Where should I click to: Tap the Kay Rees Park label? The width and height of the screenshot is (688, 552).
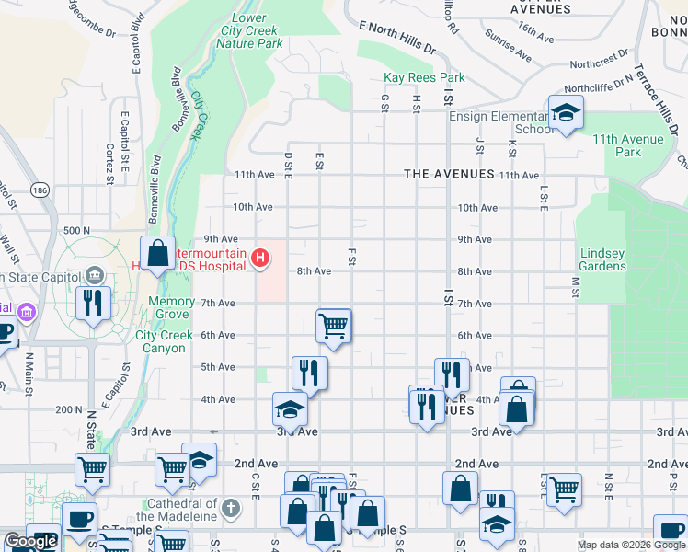(424, 78)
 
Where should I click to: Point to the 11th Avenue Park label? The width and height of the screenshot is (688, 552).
(628, 145)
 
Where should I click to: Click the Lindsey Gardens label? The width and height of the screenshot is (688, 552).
(602, 259)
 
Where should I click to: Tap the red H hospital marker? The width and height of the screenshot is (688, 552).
(261, 258)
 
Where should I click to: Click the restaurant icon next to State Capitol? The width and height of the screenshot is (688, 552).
(93, 304)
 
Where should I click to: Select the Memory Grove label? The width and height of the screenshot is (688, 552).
(171, 307)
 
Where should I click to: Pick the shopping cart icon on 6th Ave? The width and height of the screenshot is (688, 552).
(333, 325)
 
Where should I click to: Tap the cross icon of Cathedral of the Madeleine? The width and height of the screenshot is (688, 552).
(230, 507)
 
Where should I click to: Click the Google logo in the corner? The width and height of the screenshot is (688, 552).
(30, 541)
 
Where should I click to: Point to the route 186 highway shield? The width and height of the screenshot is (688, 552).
(40, 190)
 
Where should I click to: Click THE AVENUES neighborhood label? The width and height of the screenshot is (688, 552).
(449, 174)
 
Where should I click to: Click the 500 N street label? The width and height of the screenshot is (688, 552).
(75, 230)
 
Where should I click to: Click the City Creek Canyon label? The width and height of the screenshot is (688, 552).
(165, 341)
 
